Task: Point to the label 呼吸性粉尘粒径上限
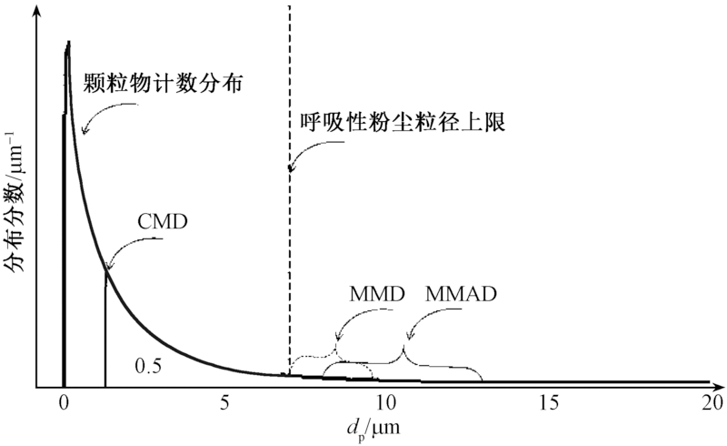pyautogui.click(x=400, y=122)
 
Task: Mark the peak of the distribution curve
pyautogui.click(x=67, y=44)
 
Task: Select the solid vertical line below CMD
pyautogui.click(x=105, y=328)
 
